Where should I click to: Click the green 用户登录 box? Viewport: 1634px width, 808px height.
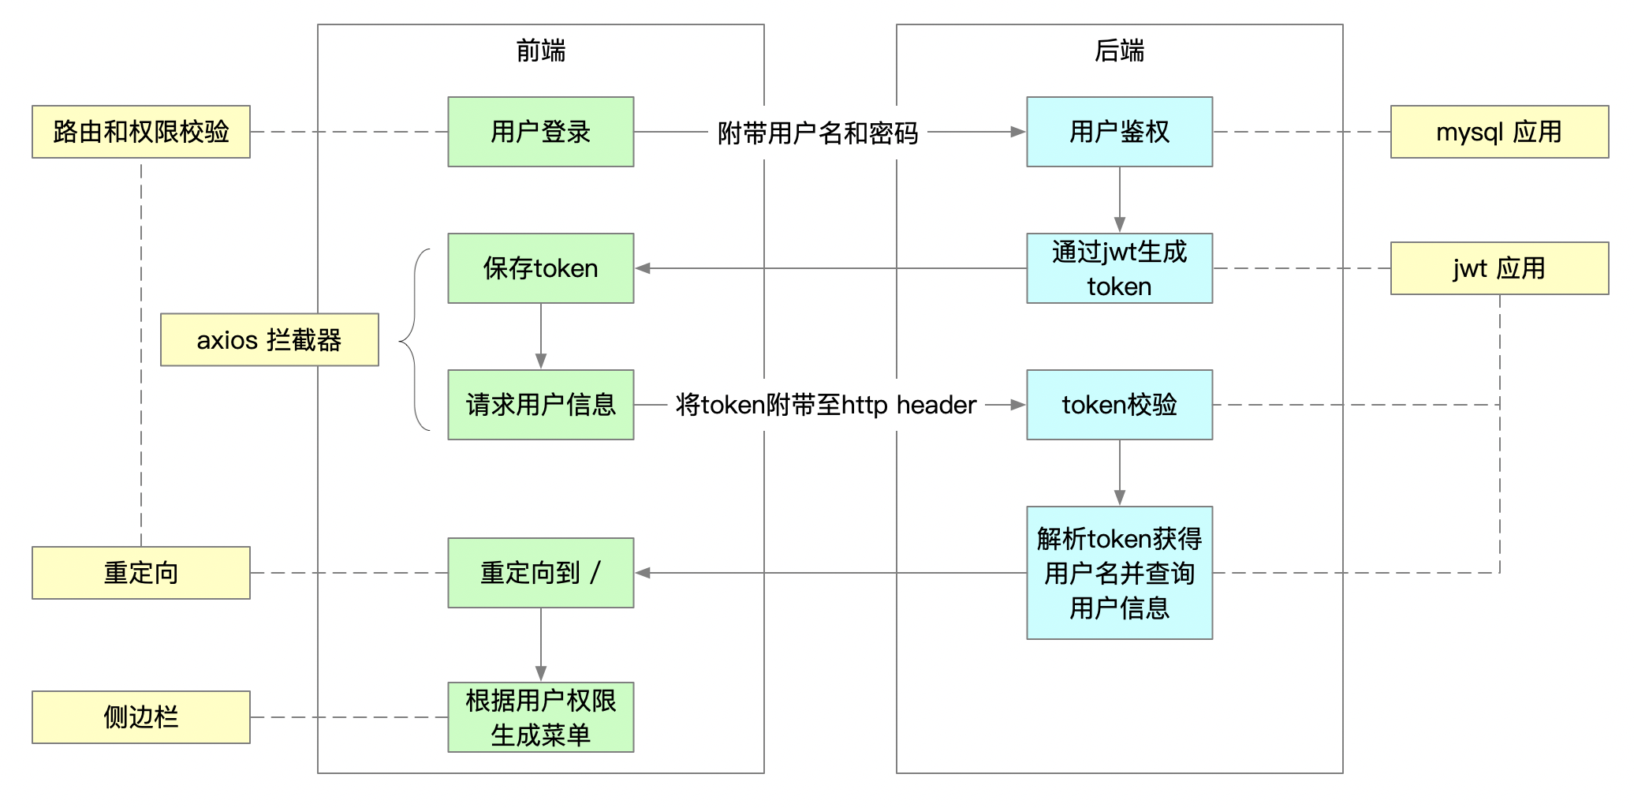(540, 132)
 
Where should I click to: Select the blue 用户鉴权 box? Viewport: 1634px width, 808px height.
(1118, 132)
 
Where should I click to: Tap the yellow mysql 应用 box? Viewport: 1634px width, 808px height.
(1498, 132)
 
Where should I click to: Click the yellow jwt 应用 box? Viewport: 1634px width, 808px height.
(1498, 268)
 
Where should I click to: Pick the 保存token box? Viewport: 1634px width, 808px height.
(540, 268)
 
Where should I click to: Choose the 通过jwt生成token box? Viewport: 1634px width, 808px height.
(1118, 268)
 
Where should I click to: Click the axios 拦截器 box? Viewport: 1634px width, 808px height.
(269, 340)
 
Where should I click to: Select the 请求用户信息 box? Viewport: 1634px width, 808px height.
(540, 405)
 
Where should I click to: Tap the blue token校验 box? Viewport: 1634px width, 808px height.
(1118, 405)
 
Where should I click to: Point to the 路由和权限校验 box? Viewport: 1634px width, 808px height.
(140, 132)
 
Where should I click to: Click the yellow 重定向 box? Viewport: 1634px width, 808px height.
(140, 573)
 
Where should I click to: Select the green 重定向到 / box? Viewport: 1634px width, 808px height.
(540, 573)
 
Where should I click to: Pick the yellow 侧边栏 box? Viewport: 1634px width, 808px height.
(140, 717)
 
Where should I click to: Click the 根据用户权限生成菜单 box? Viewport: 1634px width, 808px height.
(540, 717)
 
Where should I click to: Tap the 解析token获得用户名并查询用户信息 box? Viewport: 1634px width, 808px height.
(1118, 573)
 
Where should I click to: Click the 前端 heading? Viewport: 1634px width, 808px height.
(540, 50)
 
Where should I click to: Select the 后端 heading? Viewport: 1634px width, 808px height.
(1118, 50)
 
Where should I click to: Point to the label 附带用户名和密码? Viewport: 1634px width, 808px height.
(818, 133)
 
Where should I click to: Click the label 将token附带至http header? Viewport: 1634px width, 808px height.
(826, 405)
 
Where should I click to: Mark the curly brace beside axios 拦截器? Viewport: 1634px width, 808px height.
(413, 340)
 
